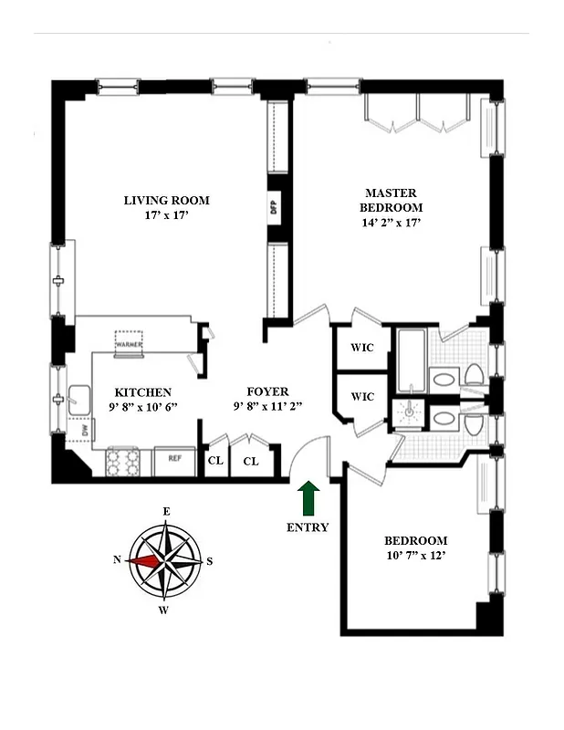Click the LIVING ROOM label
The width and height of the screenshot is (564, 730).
click(x=167, y=201)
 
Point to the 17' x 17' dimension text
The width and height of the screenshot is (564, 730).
click(x=167, y=216)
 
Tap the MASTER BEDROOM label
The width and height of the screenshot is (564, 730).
click(x=391, y=200)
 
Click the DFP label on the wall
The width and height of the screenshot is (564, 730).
click(x=273, y=208)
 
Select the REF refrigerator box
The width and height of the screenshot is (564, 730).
click(x=172, y=462)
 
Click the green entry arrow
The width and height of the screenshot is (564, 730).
click(x=308, y=500)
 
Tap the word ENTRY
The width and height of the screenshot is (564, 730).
click(x=308, y=527)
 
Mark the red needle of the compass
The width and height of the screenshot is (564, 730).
click(x=145, y=561)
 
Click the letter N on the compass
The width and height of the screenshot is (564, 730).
click(x=117, y=561)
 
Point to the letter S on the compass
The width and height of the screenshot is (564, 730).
click(x=210, y=561)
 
